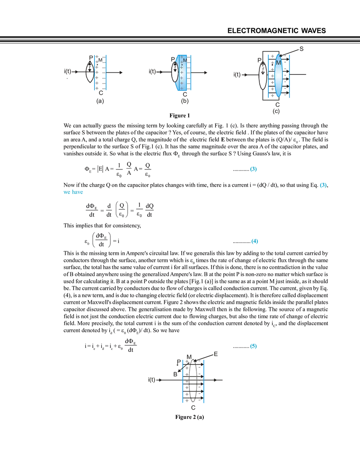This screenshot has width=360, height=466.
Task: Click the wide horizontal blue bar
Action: click(x=74, y=193)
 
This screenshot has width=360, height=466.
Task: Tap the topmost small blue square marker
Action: click(x=253, y=169)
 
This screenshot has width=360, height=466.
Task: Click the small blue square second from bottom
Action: click(x=255, y=242)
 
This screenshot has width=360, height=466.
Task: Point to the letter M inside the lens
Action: click(x=279, y=63)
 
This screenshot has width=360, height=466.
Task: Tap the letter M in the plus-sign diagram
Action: click(x=185, y=60)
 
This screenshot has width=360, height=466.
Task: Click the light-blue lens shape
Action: click(x=278, y=76)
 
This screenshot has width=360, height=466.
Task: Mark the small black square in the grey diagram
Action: click(x=99, y=71)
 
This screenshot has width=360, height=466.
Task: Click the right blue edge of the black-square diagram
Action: click(x=106, y=72)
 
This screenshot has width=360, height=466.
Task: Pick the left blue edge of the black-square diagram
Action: click(x=93, y=72)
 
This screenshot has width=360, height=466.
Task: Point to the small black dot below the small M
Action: click(x=182, y=65)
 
